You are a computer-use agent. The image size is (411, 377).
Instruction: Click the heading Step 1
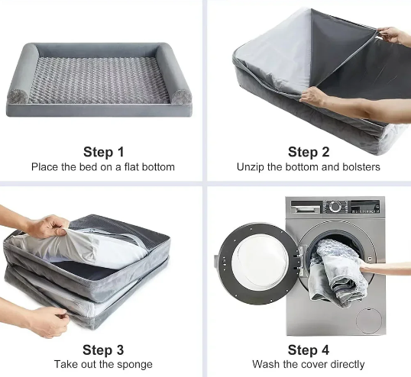point(104,152)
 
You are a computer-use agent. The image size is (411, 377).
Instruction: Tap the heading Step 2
point(309,152)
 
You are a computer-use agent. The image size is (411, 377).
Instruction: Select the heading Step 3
point(103,350)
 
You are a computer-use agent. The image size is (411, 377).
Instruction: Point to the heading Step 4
point(309,350)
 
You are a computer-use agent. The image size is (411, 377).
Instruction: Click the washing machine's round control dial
point(335,206)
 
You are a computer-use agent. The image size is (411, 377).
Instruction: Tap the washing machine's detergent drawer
point(306,208)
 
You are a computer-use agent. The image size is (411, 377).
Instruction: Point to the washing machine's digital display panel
point(365,207)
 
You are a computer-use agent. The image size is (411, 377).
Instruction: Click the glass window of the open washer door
point(261,261)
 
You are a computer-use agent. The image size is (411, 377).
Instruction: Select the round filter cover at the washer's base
point(369,321)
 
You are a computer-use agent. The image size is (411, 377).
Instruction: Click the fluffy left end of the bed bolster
point(18,96)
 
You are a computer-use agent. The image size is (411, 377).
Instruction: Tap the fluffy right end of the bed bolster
point(181,97)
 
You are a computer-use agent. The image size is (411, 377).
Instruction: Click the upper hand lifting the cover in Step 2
point(393,35)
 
